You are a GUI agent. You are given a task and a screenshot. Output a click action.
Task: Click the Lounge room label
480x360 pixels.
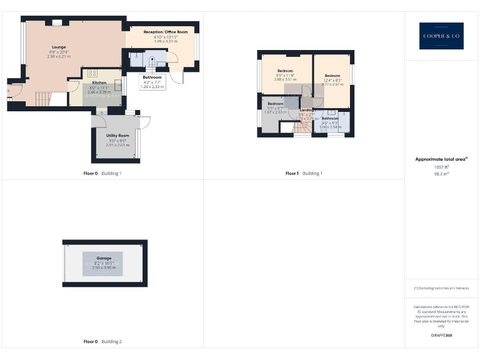tap(59, 47)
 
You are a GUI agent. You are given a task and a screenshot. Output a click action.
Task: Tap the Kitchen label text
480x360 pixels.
tap(99, 82)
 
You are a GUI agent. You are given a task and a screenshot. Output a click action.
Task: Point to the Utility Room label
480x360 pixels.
tap(117, 136)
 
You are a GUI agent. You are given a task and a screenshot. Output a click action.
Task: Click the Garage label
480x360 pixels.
tap(104, 258)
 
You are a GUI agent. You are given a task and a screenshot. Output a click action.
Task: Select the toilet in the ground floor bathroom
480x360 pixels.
tap(151, 59)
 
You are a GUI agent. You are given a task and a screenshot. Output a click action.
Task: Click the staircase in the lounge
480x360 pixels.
tap(42, 97)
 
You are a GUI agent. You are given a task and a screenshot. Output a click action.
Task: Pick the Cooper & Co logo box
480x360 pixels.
tap(441, 36)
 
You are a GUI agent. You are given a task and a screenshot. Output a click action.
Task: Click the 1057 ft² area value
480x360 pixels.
tap(441, 167)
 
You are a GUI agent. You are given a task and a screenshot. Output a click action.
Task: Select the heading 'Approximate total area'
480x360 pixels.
tap(441, 160)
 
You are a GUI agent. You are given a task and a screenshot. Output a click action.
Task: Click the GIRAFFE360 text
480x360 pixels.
tap(441, 336)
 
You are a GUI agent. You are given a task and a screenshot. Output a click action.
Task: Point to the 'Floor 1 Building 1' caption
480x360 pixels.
tap(304, 173)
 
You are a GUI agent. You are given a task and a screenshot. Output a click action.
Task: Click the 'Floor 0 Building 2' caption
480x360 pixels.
tap(102, 342)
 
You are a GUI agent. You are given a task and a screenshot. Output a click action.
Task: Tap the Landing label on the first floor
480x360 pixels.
tap(307, 109)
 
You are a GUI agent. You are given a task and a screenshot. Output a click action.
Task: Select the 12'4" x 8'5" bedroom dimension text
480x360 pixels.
tap(332, 80)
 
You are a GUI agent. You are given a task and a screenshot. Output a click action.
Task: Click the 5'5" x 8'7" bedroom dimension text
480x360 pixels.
tap(276, 108)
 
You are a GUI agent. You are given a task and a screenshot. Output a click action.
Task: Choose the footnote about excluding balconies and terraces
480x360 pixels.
tap(441, 288)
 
